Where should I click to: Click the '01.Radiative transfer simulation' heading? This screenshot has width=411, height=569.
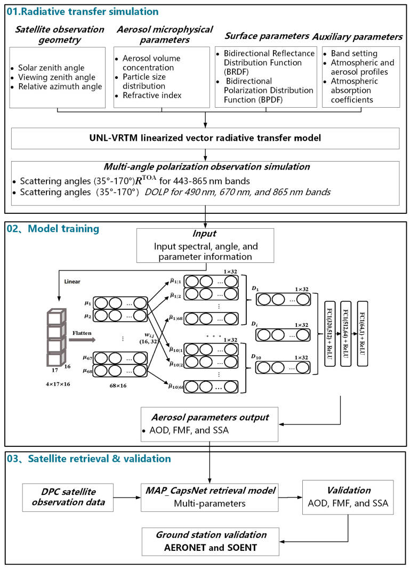click(82, 10)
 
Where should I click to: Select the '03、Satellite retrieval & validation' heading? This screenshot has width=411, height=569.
click(88, 458)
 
